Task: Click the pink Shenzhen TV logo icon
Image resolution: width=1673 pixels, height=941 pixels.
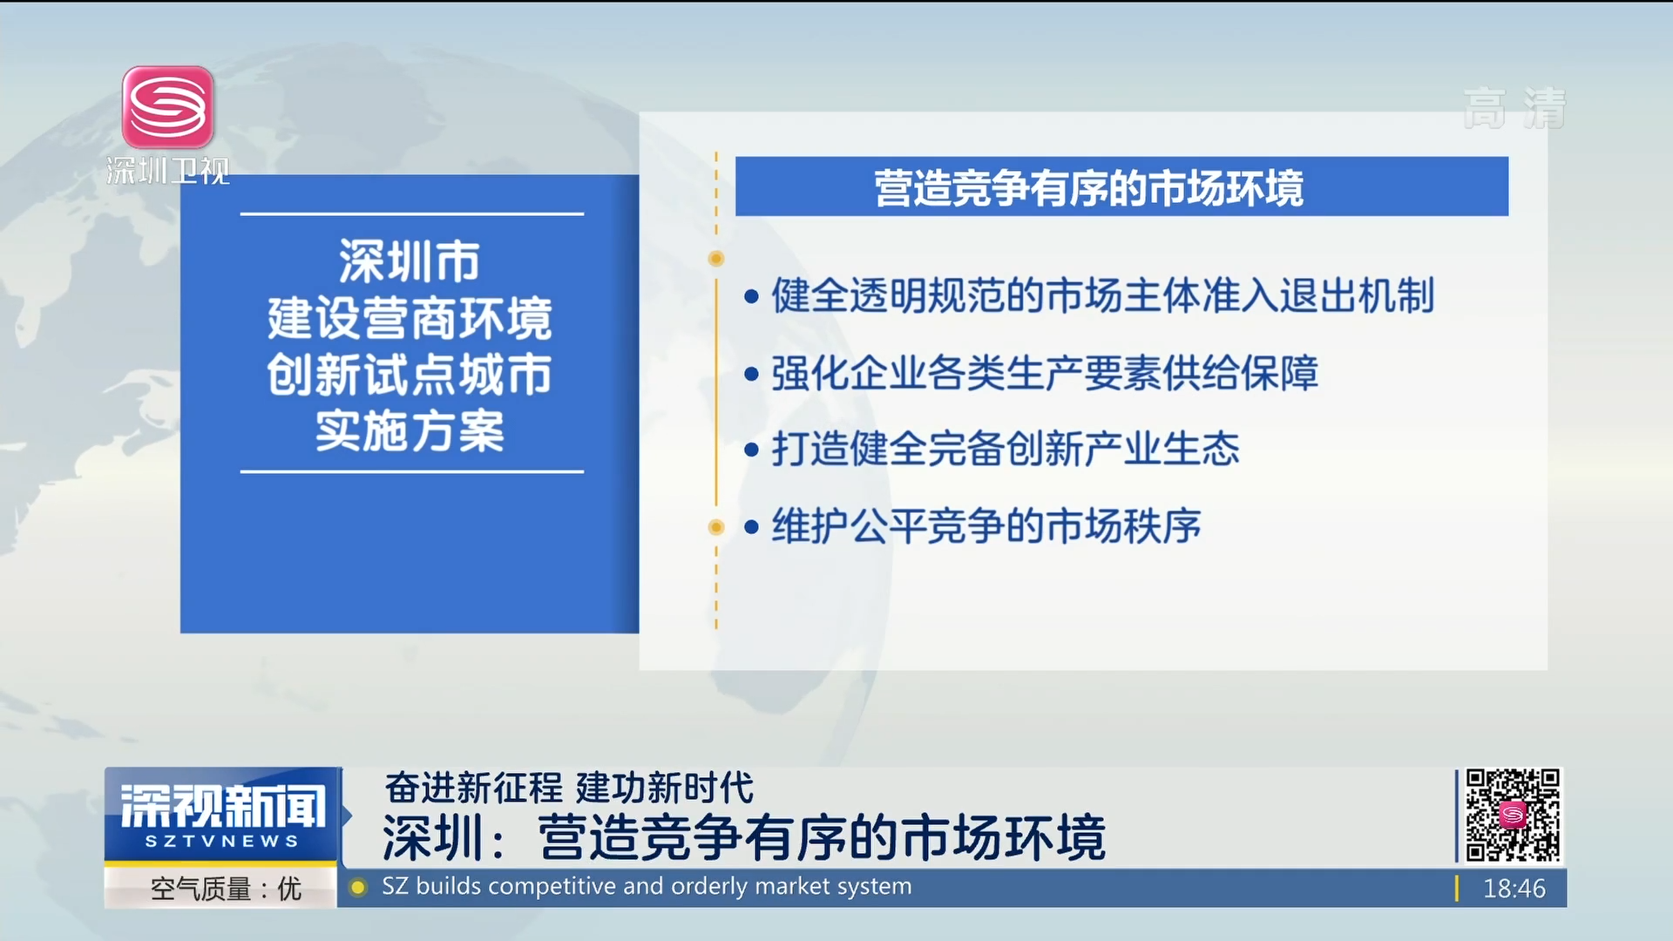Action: [x=168, y=107]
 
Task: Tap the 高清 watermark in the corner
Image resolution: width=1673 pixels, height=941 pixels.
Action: [x=1514, y=109]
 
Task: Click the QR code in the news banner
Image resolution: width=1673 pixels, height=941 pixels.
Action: [x=1513, y=815]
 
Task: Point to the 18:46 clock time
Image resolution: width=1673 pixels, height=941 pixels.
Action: [x=1514, y=889]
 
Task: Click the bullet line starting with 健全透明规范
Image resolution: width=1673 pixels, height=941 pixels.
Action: [x=1090, y=295]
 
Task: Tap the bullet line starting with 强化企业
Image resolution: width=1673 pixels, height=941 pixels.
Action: [x=1032, y=373]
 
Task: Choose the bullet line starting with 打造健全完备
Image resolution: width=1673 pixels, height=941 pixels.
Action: [x=992, y=450]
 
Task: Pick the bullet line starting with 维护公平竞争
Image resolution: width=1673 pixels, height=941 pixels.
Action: [x=973, y=526]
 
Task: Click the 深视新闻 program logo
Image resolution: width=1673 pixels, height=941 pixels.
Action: [x=222, y=806]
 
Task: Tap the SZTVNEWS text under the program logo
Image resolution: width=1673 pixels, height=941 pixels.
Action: [x=222, y=842]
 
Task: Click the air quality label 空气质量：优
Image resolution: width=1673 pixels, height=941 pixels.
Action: [x=226, y=889]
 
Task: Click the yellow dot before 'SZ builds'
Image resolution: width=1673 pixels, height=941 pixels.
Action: [x=357, y=888]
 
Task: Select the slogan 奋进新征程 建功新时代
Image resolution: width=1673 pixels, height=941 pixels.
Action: [x=569, y=788]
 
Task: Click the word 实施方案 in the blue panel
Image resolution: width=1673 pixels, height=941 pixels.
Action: [x=410, y=430]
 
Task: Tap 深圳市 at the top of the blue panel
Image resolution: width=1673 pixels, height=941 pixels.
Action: [x=410, y=261]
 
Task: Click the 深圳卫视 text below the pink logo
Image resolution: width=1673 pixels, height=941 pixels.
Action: [x=168, y=171]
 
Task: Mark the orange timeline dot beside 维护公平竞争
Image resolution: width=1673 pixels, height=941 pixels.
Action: [x=716, y=527]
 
